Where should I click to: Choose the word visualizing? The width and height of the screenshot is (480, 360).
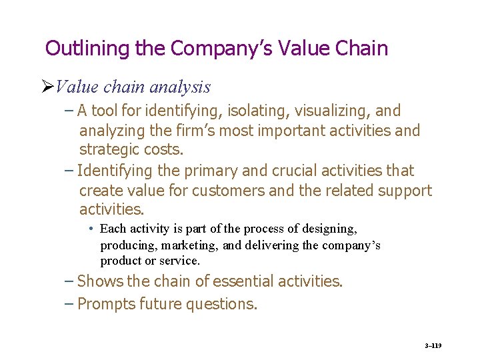tap(323, 111)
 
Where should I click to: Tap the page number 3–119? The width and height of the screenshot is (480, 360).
tap(433, 346)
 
